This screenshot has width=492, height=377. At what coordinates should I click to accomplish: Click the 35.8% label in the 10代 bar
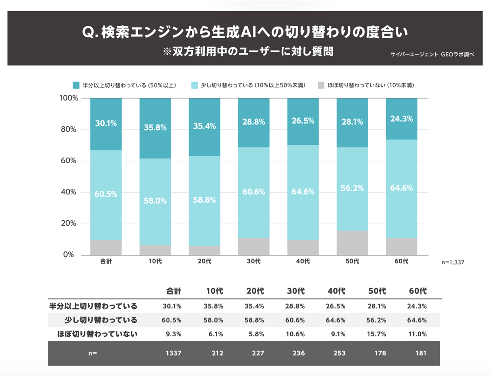pyautogui.click(x=155, y=128)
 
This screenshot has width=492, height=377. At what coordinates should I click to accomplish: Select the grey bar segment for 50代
pyautogui.click(x=352, y=242)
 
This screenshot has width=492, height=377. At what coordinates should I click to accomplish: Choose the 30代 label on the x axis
pyautogui.click(x=254, y=261)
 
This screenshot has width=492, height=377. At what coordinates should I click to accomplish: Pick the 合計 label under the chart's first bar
pyautogui.click(x=106, y=261)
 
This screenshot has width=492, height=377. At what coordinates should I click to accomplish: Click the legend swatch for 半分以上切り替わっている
pyautogui.click(x=76, y=85)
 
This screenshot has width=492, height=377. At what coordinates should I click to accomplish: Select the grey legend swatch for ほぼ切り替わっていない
pyautogui.click(x=321, y=85)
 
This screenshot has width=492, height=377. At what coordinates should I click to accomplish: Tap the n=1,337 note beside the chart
pyautogui.click(x=453, y=262)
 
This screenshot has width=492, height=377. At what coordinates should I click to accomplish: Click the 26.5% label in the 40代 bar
pyautogui.click(x=303, y=121)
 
